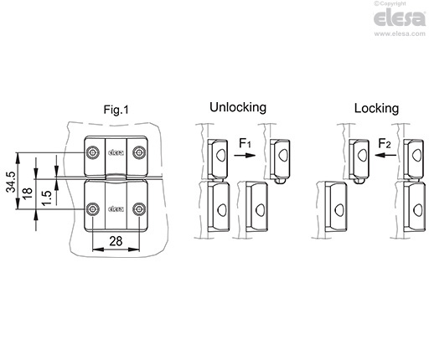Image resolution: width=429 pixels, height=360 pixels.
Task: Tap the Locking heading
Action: click(376, 108)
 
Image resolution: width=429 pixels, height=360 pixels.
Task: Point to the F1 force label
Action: click(245, 145)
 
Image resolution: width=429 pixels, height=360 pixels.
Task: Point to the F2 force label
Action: click(385, 145)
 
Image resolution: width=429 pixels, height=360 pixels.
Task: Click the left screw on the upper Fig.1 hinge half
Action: click(93, 152)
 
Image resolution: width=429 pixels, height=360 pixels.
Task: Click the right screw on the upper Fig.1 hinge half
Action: click(138, 152)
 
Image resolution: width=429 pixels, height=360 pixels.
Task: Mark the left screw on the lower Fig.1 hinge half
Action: click(93, 208)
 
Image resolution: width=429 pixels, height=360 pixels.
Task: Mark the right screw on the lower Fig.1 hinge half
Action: click(138, 208)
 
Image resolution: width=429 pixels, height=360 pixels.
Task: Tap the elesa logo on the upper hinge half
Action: click(116, 152)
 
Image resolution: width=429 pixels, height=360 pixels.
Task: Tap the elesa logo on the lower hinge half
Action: click(116, 208)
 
